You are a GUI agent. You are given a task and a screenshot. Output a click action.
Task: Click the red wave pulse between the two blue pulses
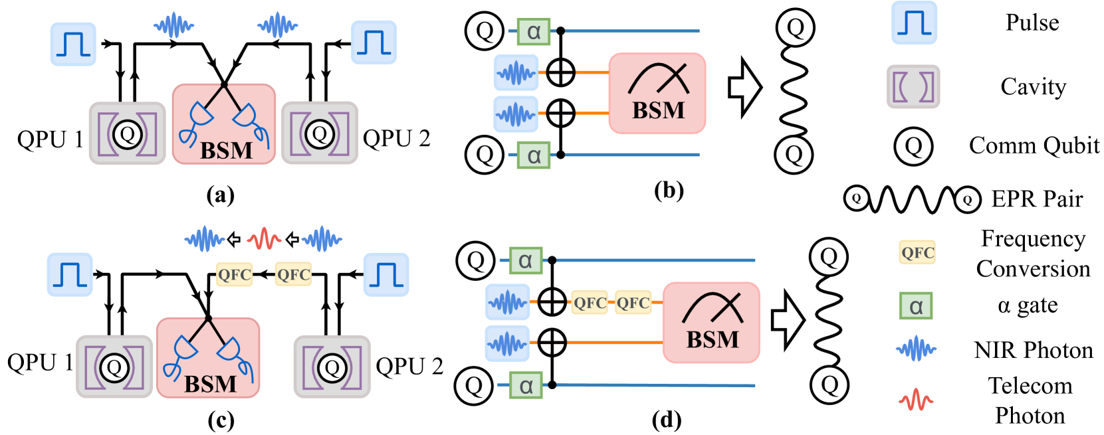click(264, 238)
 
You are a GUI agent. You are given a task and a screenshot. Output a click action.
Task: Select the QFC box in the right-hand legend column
click(917, 252)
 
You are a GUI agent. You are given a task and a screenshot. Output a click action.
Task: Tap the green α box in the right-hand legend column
click(916, 306)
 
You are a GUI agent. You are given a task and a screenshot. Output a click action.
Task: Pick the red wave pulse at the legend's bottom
click(915, 399)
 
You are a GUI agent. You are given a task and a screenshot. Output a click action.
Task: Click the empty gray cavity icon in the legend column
click(913, 87)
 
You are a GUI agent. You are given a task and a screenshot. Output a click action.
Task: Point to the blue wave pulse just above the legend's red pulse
click(916, 349)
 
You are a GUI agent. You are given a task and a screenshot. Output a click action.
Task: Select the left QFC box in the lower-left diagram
click(235, 274)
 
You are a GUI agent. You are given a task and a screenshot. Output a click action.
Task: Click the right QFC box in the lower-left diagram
click(293, 274)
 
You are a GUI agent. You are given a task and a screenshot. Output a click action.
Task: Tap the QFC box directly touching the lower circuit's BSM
click(633, 303)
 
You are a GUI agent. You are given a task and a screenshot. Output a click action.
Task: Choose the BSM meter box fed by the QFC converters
click(711, 323)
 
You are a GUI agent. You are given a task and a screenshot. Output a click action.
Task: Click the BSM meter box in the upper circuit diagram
click(657, 94)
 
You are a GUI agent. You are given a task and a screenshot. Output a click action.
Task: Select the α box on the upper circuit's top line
click(534, 31)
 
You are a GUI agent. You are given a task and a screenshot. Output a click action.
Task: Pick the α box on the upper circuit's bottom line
click(534, 155)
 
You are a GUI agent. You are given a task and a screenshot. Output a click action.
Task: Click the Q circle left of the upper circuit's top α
click(485, 31)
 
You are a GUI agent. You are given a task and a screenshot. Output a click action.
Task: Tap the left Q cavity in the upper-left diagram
click(128, 134)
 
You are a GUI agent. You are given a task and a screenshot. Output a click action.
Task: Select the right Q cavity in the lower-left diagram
click(332, 367)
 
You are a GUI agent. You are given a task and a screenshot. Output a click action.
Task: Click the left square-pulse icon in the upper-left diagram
click(73, 44)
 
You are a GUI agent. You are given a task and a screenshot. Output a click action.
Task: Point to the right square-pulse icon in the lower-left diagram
click(386, 274)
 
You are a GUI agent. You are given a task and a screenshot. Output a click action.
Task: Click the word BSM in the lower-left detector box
click(210, 384)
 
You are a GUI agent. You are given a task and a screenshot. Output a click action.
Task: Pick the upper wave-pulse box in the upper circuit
click(516, 72)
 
